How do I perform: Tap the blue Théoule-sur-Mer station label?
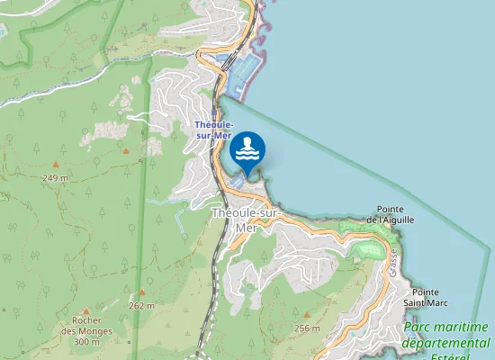click(x=215, y=129)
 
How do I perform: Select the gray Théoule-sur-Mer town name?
click(x=246, y=220)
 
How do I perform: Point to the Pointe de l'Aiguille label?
click(x=389, y=213)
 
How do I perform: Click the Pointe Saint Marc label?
click(x=431, y=299)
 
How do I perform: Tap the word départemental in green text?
click(x=445, y=343)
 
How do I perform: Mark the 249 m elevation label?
click(x=55, y=178)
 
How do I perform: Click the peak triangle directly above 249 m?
click(x=55, y=165)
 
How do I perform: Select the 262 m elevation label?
click(x=141, y=305)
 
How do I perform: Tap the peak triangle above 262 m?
click(x=141, y=292)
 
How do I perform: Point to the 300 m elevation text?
click(x=86, y=341)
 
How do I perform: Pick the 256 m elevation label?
click(x=307, y=328)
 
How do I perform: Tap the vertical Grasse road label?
click(x=393, y=262)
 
